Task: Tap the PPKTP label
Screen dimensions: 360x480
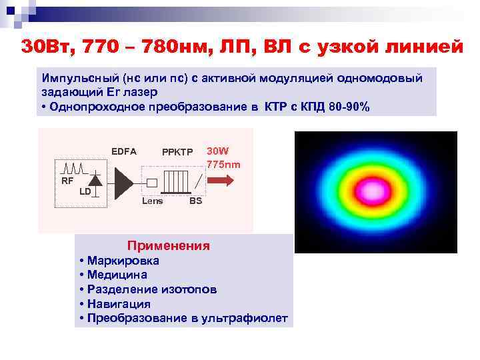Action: coord(177,152)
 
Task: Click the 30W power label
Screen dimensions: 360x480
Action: coord(217,151)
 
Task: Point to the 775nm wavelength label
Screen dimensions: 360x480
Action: coord(223,164)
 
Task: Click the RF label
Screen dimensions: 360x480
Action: coord(67,181)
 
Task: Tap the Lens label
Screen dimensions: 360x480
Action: coord(152,201)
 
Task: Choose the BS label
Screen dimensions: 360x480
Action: coord(195,201)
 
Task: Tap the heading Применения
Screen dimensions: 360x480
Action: coord(168,246)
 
